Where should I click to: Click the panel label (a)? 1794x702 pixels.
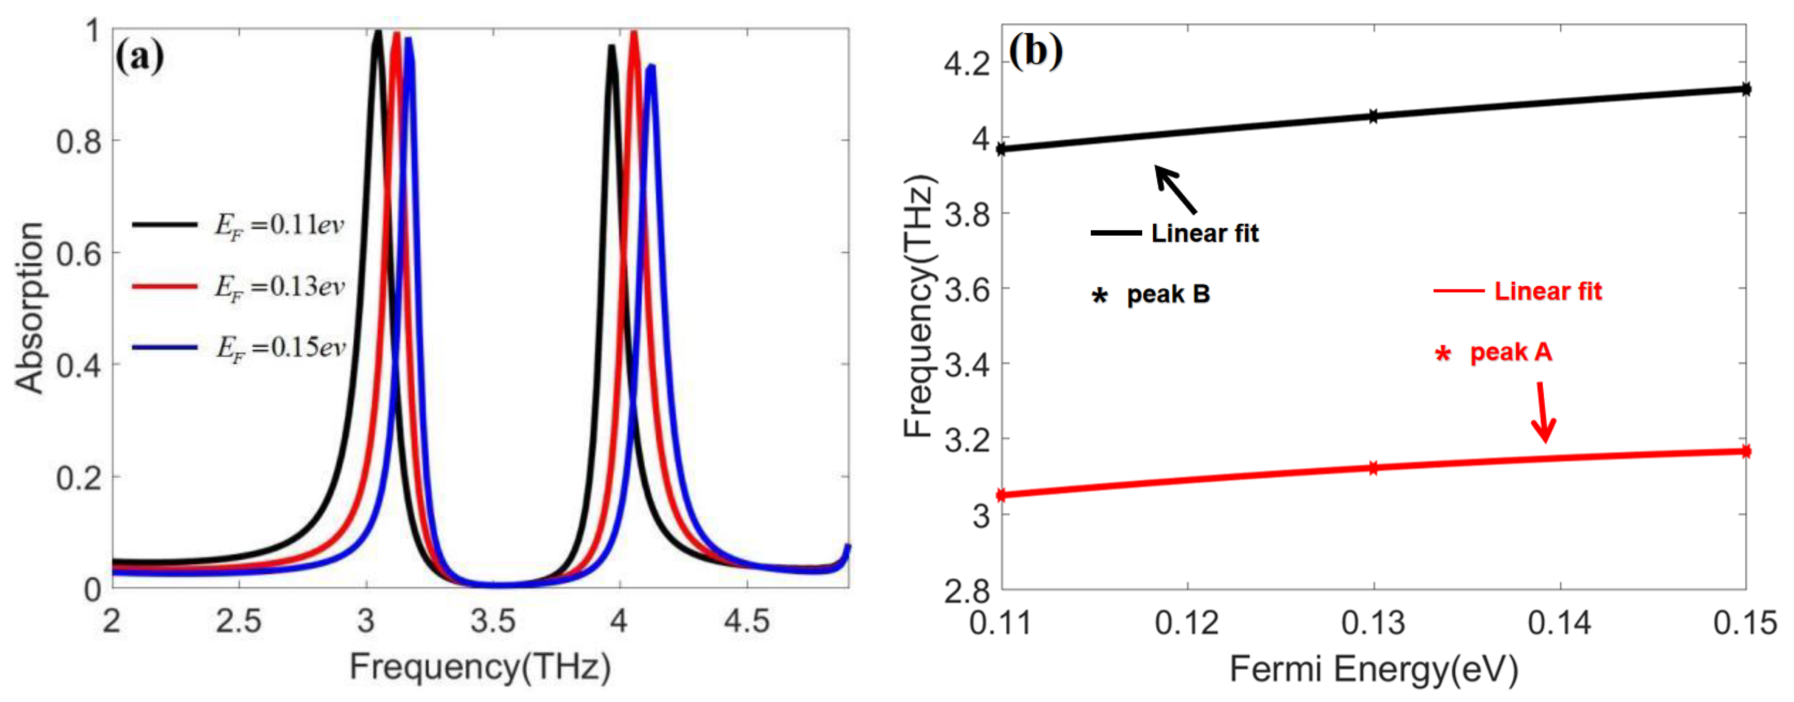coord(139,56)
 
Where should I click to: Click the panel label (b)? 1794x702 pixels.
coord(1035,50)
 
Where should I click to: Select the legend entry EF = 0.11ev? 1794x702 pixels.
coord(278,225)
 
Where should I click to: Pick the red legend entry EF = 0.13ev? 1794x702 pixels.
coord(278,286)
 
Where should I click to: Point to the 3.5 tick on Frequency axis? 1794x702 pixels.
coord(493,620)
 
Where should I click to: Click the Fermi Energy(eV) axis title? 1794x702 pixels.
coord(1374,669)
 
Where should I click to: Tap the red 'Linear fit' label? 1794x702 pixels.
coord(1548,291)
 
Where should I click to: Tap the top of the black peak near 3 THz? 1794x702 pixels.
coord(378,32)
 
